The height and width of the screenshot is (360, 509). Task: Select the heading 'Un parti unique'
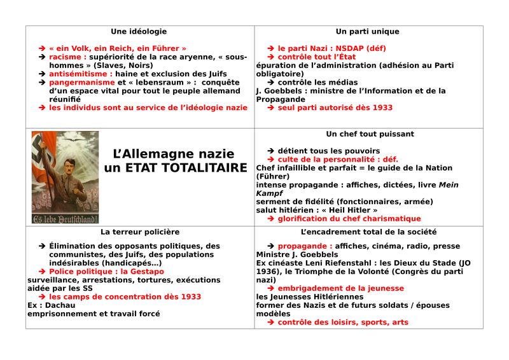point(368,31)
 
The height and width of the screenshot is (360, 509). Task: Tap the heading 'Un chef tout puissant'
point(370,134)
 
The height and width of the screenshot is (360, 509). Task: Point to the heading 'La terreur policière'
point(139,232)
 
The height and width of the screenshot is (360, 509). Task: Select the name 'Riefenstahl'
point(350,263)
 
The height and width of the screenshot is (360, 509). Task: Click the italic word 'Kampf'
point(269,193)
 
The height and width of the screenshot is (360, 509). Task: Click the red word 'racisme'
point(66,57)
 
